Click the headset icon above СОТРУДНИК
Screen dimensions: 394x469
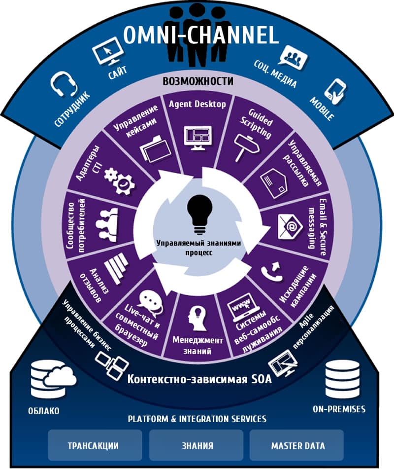coord(64,85)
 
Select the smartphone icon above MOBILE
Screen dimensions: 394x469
coord(336,92)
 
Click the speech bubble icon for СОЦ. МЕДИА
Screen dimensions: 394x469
coord(293,58)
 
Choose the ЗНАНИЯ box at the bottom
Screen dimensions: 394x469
coord(197,445)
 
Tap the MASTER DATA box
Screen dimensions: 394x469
coord(297,445)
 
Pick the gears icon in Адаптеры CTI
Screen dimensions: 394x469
coord(120,181)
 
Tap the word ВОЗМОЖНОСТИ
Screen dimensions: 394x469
coord(198,81)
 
